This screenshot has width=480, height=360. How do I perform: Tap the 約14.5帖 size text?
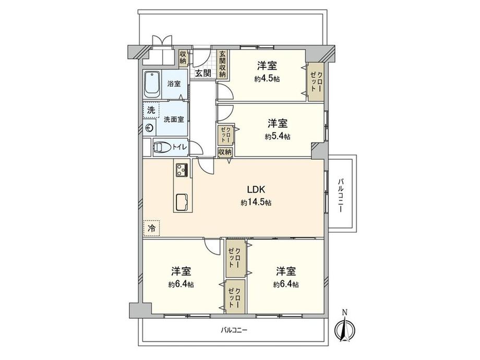(256, 202)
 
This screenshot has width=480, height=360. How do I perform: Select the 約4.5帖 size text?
(266, 79)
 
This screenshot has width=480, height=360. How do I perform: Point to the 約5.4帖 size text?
(278, 136)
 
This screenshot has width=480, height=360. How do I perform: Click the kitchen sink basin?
(183, 201)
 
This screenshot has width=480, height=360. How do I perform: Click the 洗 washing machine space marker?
(151, 110)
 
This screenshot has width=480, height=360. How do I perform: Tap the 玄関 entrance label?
(203, 73)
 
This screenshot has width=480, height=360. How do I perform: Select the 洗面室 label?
(173, 118)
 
